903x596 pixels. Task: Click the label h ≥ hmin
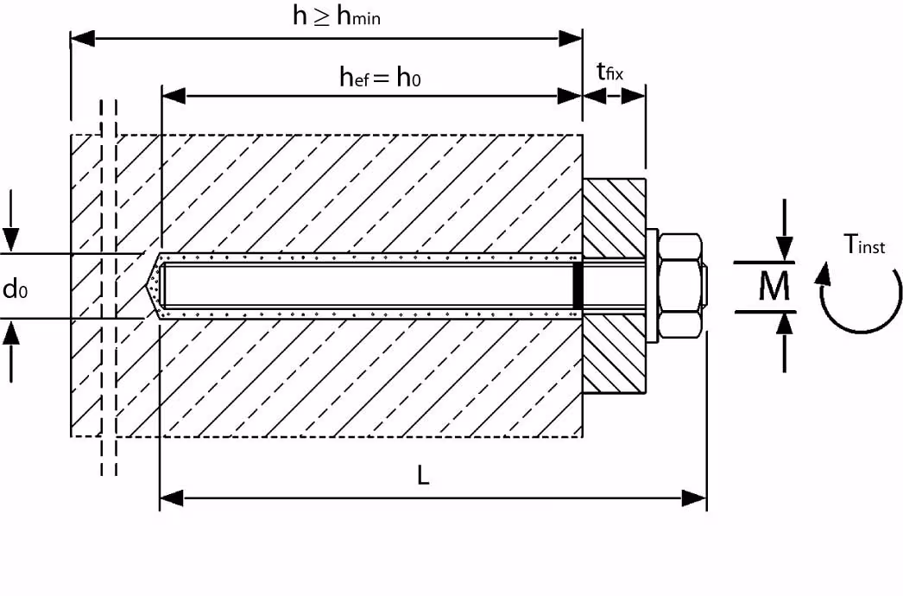(336, 16)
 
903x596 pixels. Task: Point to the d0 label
(16, 288)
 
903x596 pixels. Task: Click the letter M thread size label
(774, 287)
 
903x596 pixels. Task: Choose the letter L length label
(423, 477)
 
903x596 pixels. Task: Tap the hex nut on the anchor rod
(679, 284)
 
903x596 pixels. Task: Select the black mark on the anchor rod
(578, 284)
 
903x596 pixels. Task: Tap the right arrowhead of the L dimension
(695, 498)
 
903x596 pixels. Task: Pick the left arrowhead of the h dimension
(82, 38)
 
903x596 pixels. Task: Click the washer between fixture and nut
(651, 284)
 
